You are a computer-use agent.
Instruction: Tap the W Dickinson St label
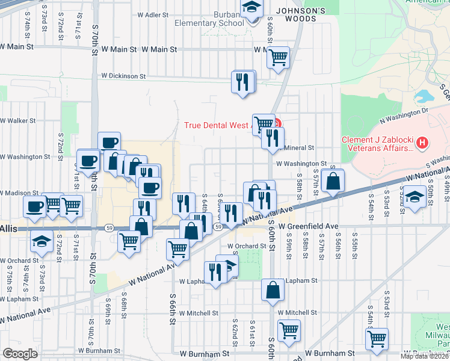(123, 76)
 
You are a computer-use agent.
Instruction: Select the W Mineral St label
(295, 147)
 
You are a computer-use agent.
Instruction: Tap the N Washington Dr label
(398, 111)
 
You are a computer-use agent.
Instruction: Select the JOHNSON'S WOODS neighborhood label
(300, 11)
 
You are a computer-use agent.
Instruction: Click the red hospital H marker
(422, 143)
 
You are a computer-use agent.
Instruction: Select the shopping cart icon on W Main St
(278, 58)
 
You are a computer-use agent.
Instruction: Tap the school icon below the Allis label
(41, 241)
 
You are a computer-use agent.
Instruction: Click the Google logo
(20, 354)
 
